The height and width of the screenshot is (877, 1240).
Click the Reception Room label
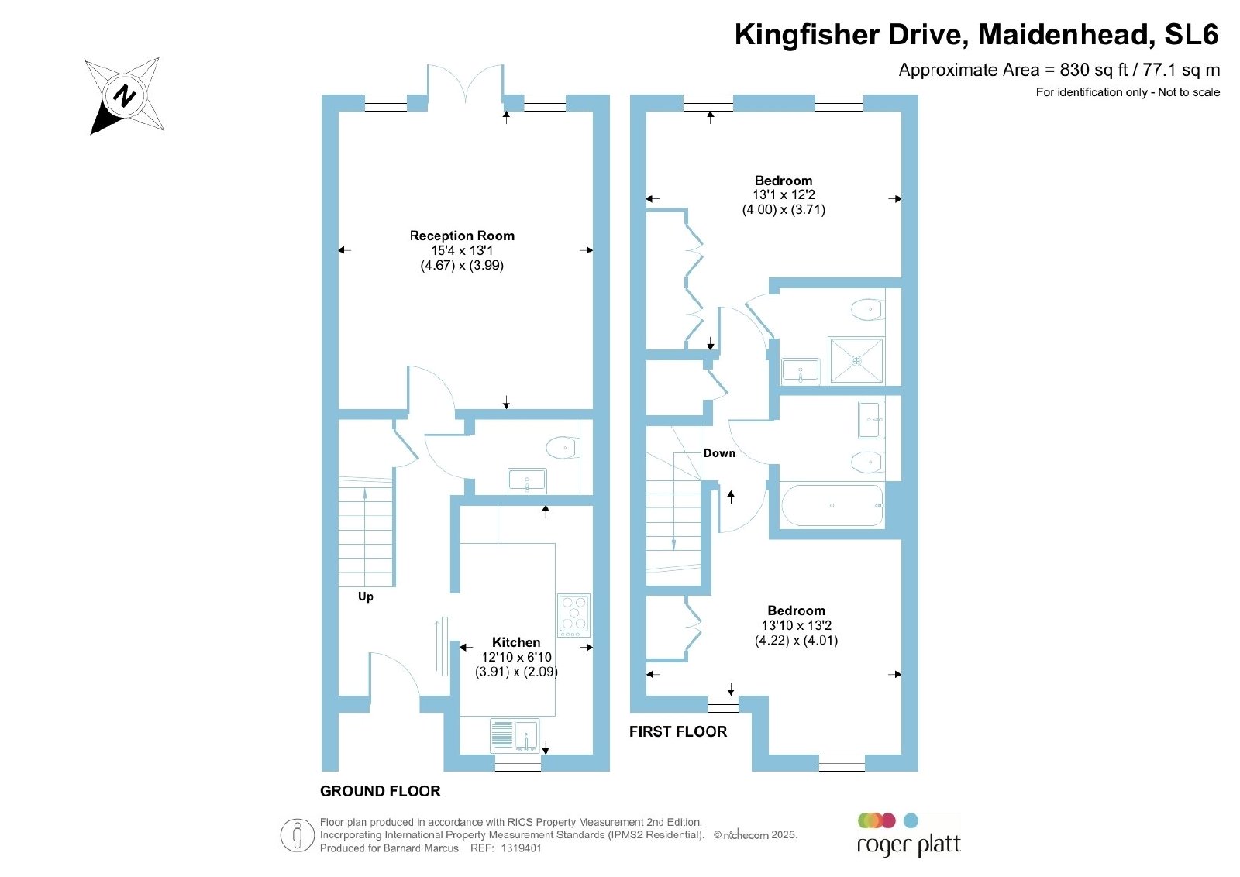(x=462, y=236)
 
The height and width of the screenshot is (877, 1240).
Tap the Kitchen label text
(x=516, y=642)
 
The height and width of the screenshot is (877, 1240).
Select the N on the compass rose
(x=125, y=96)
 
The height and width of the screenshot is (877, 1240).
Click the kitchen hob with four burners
(x=574, y=615)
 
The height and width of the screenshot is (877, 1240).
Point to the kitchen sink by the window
(x=515, y=735)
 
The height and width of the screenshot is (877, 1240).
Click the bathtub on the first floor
(x=832, y=505)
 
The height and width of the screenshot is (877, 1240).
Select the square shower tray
(x=856, y=360)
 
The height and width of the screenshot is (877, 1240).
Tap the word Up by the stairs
(x=365, y=597)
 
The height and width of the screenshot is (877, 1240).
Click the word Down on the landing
(x=719, y=453)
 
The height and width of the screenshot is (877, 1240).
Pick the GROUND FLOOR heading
(x=381, y=791)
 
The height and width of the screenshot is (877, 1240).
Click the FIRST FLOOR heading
(x=678, y=731)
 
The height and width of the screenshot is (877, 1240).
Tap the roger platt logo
(x=908, y=835)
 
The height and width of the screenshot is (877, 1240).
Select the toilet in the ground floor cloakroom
(x=563, y=448)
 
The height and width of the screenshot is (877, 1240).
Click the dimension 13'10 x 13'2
(x=797, y=625)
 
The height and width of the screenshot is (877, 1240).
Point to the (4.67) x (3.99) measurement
(x=462, y=265)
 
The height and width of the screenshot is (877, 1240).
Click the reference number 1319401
(x=521, y=848)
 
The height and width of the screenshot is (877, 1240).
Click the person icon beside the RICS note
(x=298, y=835)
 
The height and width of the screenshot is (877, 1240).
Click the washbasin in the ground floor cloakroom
(x=527, y=481)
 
